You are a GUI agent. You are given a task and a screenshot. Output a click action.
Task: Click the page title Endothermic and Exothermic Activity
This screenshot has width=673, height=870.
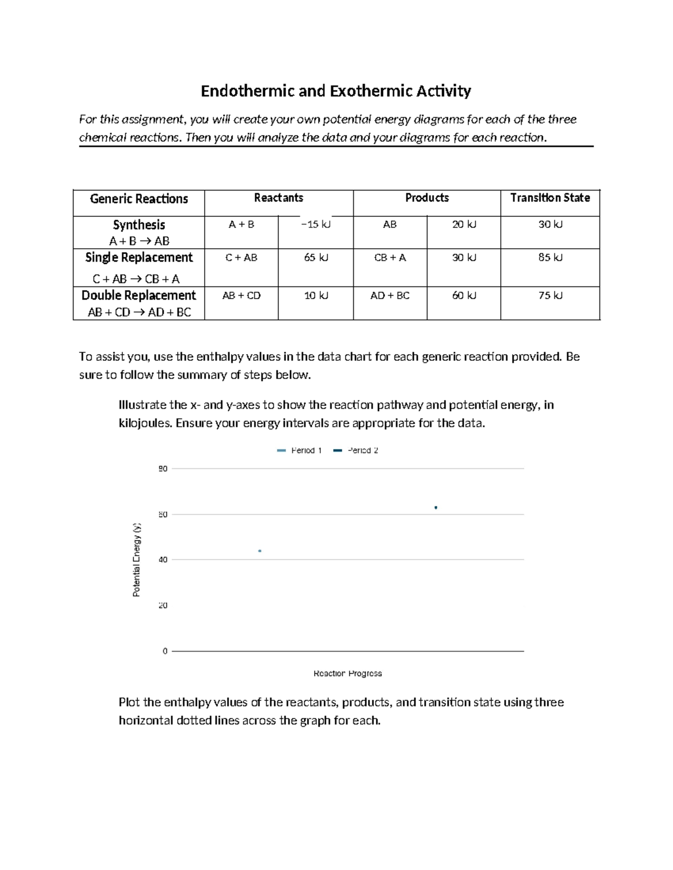336,91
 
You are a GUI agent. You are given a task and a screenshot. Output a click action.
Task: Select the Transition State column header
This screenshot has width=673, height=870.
550,198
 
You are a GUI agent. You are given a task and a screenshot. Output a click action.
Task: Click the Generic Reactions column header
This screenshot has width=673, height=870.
139,199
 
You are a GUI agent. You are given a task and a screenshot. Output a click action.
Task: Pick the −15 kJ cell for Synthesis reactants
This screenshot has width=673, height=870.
316,225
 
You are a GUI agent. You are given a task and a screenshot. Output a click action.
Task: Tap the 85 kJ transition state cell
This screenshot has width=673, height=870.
550,258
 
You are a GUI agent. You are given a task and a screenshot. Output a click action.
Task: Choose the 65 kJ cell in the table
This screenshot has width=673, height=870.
316,258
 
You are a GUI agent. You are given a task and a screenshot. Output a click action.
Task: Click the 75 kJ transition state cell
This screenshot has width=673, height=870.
550,296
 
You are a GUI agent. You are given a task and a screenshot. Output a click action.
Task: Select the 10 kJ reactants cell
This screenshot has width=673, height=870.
316,296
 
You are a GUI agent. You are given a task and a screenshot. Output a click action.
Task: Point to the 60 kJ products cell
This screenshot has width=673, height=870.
464,296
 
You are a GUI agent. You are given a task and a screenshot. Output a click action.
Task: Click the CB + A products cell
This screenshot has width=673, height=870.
390,258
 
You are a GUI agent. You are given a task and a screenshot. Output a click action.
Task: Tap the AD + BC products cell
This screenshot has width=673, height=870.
390,296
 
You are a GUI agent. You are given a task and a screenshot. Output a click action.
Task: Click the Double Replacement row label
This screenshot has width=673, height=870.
139,296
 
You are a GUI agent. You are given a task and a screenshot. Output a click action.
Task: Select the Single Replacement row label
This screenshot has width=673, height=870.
139,258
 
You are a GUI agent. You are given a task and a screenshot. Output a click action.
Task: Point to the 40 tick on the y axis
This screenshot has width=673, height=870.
163,560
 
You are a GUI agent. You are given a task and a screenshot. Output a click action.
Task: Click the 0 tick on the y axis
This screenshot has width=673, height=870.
165,651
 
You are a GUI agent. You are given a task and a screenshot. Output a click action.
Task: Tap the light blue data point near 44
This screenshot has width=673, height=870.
260,551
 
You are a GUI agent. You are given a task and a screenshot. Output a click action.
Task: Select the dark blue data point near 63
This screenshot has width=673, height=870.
436,508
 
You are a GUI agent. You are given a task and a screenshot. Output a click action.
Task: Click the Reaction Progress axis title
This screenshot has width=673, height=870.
348,673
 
